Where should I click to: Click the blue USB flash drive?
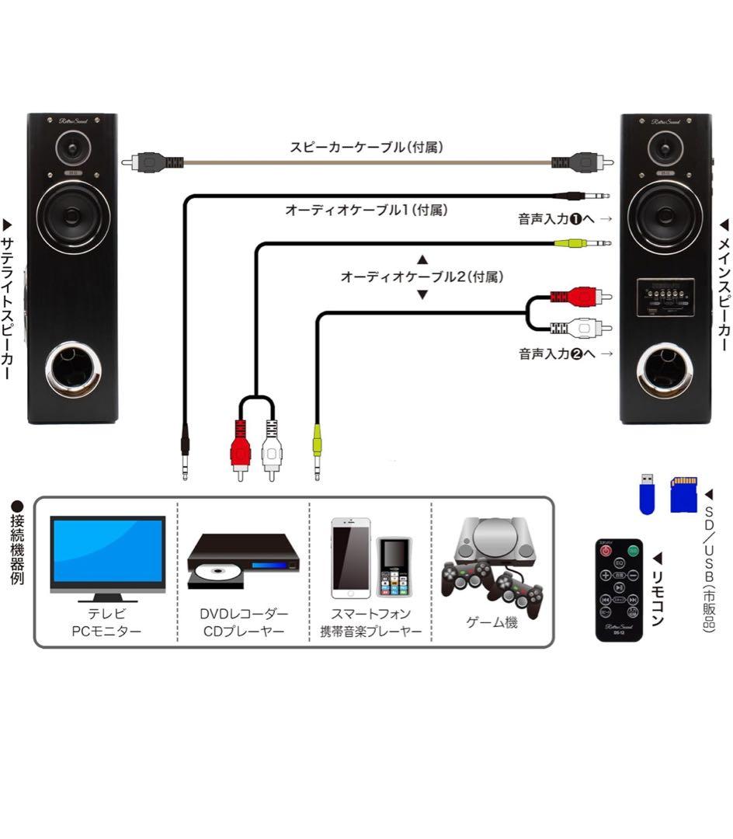647,494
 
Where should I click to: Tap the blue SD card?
683,494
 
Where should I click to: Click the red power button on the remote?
606,550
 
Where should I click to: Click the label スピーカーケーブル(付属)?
366,146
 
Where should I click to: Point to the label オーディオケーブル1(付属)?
366,210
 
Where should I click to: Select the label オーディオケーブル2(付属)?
422,277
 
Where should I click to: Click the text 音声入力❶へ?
556,219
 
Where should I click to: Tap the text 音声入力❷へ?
556,353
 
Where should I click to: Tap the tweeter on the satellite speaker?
73,148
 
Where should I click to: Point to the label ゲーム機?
492,623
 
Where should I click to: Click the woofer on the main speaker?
665,215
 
